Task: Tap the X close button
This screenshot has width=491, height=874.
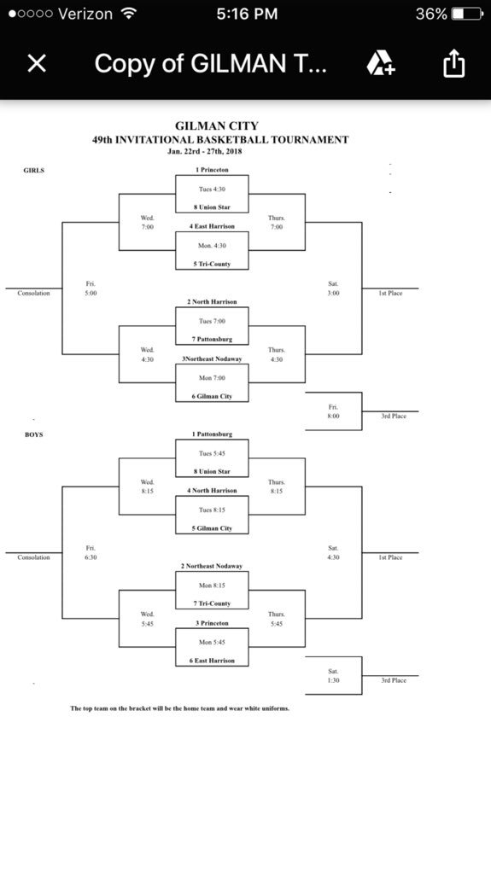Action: click(37, 63)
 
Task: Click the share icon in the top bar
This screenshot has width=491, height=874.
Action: click(453, 62)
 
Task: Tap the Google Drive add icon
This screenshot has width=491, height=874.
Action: click(381, 63)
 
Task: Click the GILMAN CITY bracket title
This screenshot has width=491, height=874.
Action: click(217, 126)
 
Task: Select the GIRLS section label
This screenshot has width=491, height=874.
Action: click(33, 171)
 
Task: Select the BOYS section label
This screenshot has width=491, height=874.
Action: click(33, 434)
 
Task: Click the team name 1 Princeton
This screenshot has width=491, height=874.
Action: click(212, 170)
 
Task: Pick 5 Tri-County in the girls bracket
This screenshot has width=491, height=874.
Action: click(212, 264)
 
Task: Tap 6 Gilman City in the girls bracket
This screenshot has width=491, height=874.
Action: click(212, 396)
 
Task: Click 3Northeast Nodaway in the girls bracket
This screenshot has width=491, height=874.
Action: click(212, 359)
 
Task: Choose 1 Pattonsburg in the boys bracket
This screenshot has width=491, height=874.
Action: click(212, 434)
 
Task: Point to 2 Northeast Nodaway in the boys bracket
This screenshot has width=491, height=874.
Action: click(212, 566)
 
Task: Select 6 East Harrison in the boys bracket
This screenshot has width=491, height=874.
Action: click(212, 661)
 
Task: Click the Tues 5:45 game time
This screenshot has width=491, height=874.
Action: click(212, 453)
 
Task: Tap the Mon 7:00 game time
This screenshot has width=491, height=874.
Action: click(212, 378)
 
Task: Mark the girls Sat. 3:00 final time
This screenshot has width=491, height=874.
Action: click(333, 288)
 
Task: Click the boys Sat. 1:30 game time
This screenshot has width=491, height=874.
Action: click(333, 676)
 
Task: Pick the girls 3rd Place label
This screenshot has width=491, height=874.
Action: click(394, 416)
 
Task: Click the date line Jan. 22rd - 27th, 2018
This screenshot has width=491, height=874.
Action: click(205, 151)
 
